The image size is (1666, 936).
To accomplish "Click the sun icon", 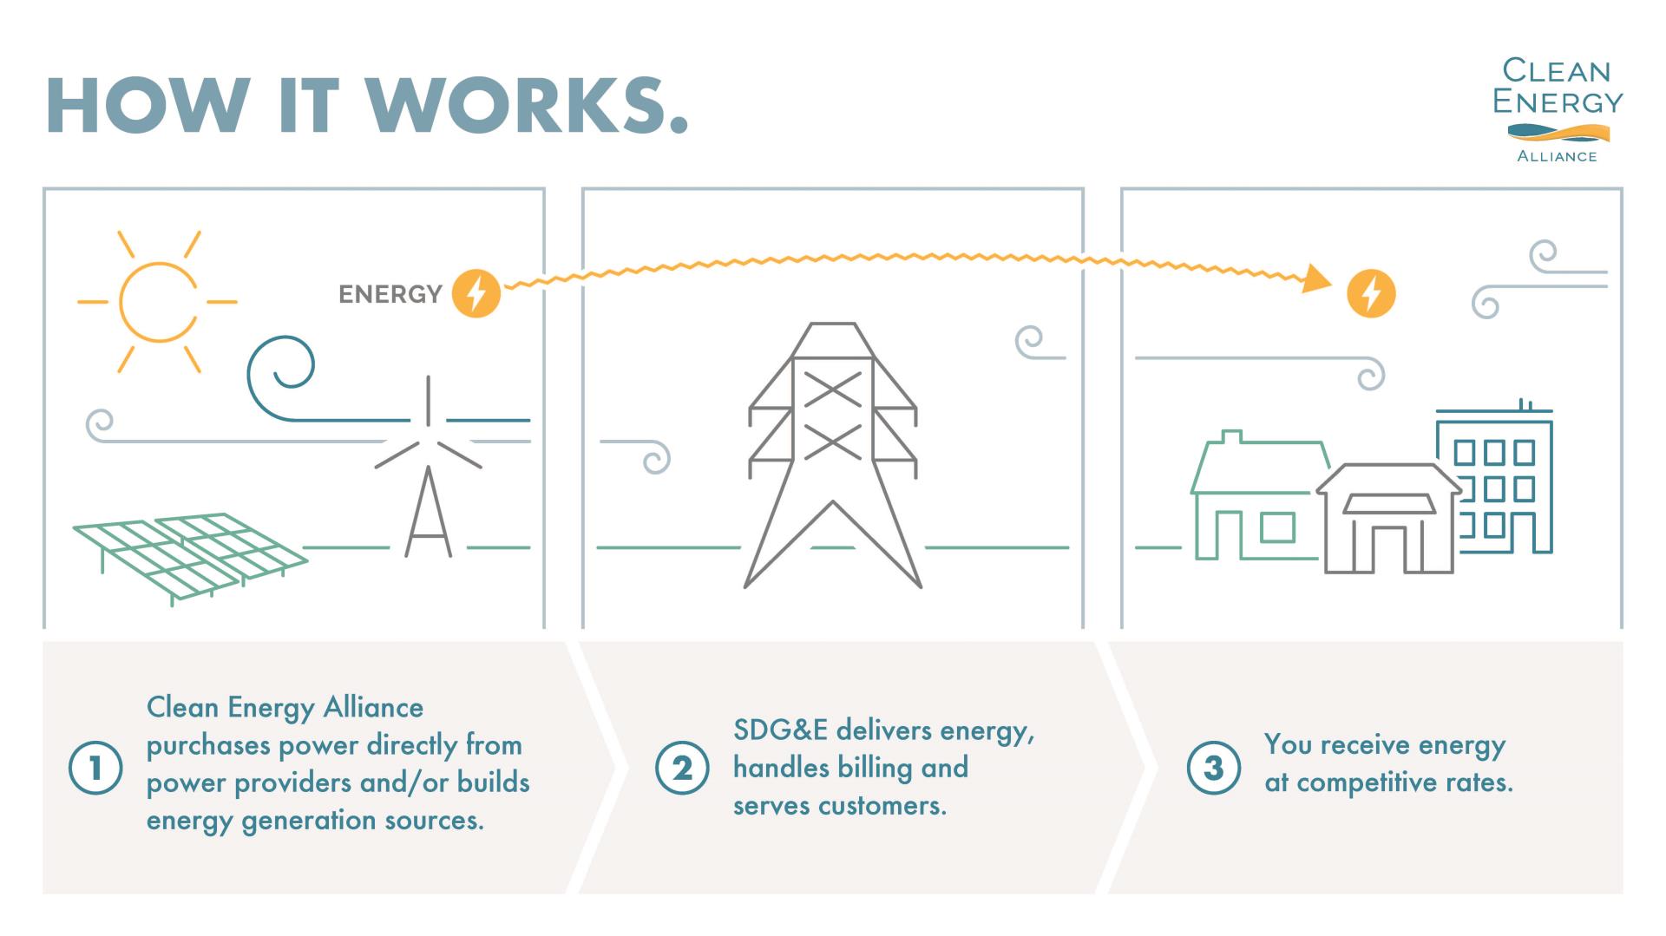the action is point(157,302).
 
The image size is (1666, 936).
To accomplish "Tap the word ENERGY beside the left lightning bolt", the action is point(390,295).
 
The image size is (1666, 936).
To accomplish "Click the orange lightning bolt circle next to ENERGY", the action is point(476,293).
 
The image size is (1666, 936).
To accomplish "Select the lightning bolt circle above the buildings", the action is point(1371,293).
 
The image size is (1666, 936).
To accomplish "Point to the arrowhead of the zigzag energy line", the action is point(1318,279).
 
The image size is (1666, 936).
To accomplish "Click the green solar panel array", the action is point(189,555).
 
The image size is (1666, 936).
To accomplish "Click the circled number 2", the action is point(683,768).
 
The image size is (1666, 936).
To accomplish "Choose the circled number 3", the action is point(1213,768).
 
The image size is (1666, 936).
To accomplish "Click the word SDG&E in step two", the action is point(780,730).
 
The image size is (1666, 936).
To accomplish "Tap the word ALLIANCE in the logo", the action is point(1557,157).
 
